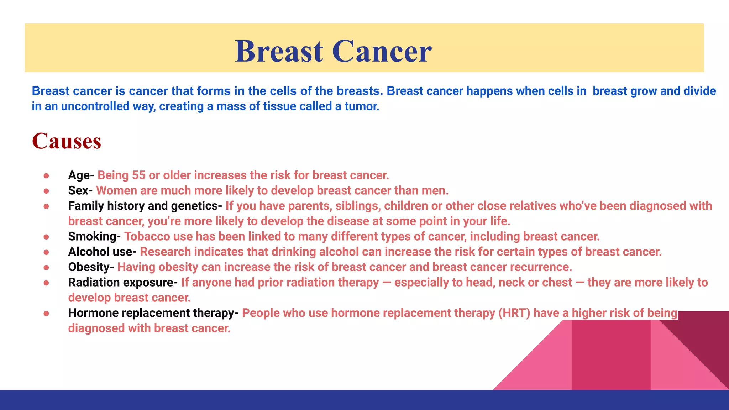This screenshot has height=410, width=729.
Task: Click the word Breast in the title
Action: click(279, 51)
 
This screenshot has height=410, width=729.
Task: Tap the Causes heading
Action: click(67, 141)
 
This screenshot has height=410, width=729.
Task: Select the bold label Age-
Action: click(81, 175)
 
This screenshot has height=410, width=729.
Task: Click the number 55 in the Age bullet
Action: click(139, 175)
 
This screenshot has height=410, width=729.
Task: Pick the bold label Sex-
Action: click(80, 190)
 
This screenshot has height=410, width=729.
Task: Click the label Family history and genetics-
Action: click(145, 206)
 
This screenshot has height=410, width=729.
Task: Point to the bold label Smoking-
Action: click(94, 236)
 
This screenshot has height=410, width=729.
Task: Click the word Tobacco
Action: click(147, 236)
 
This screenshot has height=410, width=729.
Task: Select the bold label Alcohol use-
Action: click(102, 252)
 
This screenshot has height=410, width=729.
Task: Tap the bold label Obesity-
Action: click(91, 267)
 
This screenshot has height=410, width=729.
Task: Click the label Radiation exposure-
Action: click(123, 282)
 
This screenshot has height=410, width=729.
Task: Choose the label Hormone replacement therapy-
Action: click(153, 313)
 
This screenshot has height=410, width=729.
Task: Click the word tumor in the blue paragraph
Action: click(361, 106)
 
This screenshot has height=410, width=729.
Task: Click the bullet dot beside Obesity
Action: click(46, 267)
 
